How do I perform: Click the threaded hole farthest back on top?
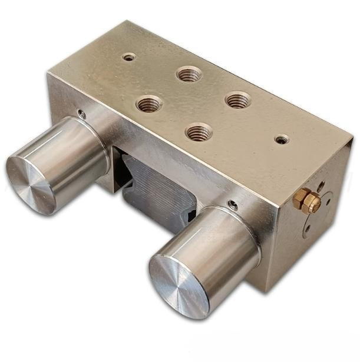coord(189,74)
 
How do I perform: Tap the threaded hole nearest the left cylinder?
coord(149,105)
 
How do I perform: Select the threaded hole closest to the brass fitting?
coord(237,99)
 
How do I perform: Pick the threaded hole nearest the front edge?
coord(199,131)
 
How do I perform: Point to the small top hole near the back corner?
coord(129,57)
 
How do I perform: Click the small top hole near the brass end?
coord(282,140)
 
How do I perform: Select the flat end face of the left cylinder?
coord(31,184)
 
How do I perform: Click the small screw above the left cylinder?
coord(81,114)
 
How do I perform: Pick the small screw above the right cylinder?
coord(233,205)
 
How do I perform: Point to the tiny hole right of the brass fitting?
coord(328,204)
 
